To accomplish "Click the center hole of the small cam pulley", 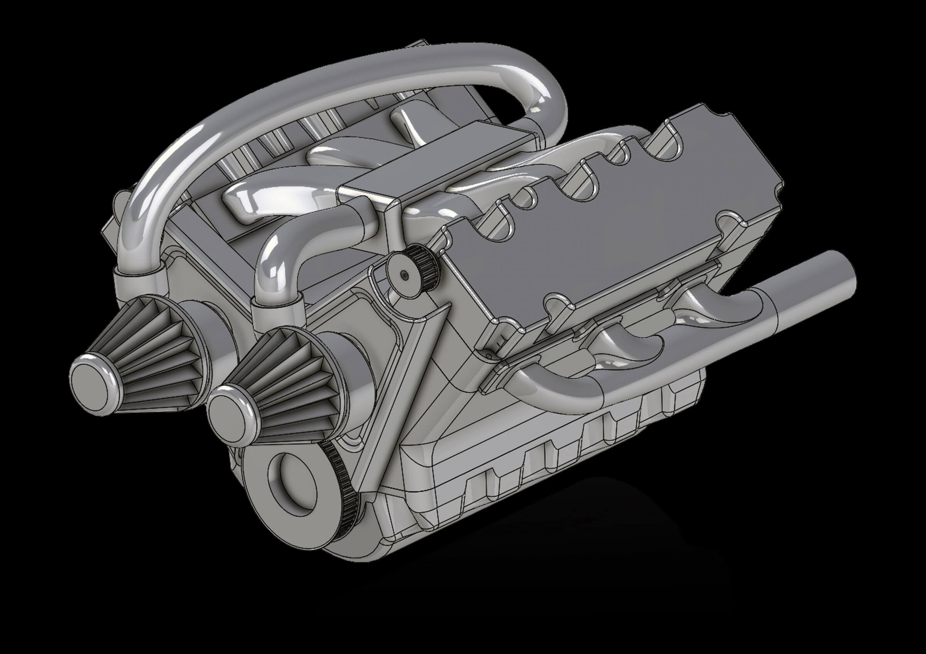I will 404,274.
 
